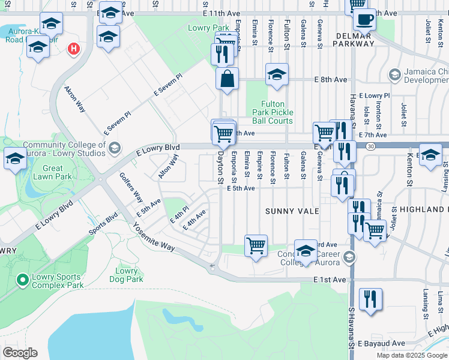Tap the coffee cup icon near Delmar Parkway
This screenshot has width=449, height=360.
point(363,19)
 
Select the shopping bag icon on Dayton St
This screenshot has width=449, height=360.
point(228,79)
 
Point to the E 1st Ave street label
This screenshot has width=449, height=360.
point(330,280)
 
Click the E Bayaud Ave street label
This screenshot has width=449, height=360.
point(381,344)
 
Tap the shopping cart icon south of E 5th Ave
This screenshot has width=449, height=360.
point(256,245)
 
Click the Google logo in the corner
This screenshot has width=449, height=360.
point(20,353)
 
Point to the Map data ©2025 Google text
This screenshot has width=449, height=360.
point(411,355)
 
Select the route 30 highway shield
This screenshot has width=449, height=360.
point(372,146)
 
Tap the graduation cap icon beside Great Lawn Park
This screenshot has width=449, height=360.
point(15,159)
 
